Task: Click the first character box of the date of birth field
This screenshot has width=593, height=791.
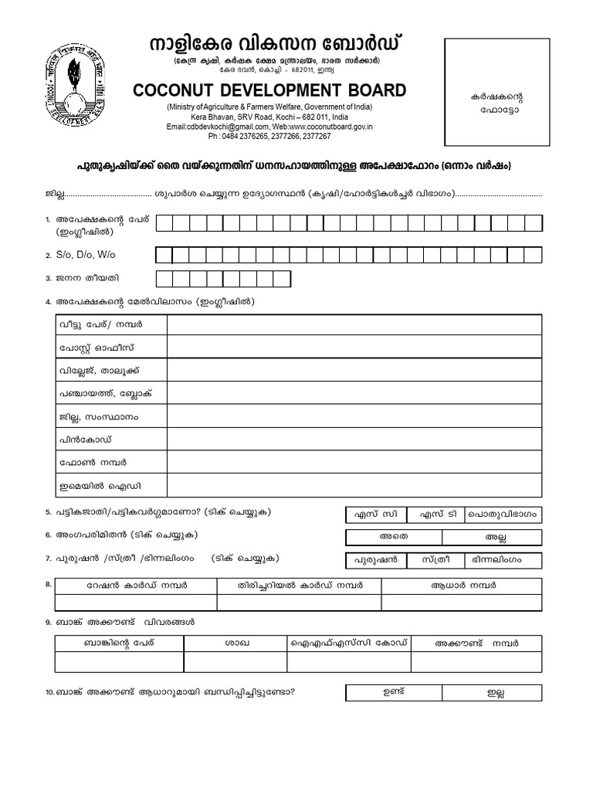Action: tap(164, 279)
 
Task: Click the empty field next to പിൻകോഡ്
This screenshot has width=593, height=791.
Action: tap(354, 440)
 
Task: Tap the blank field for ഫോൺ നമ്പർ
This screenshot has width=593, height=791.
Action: tap(354, 463)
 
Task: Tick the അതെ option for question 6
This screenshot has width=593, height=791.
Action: tap(394, 537)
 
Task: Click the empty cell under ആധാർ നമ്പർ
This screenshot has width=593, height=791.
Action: tap(461, 603)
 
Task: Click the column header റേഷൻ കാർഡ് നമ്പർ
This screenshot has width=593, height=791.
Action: tap(136, 586)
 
